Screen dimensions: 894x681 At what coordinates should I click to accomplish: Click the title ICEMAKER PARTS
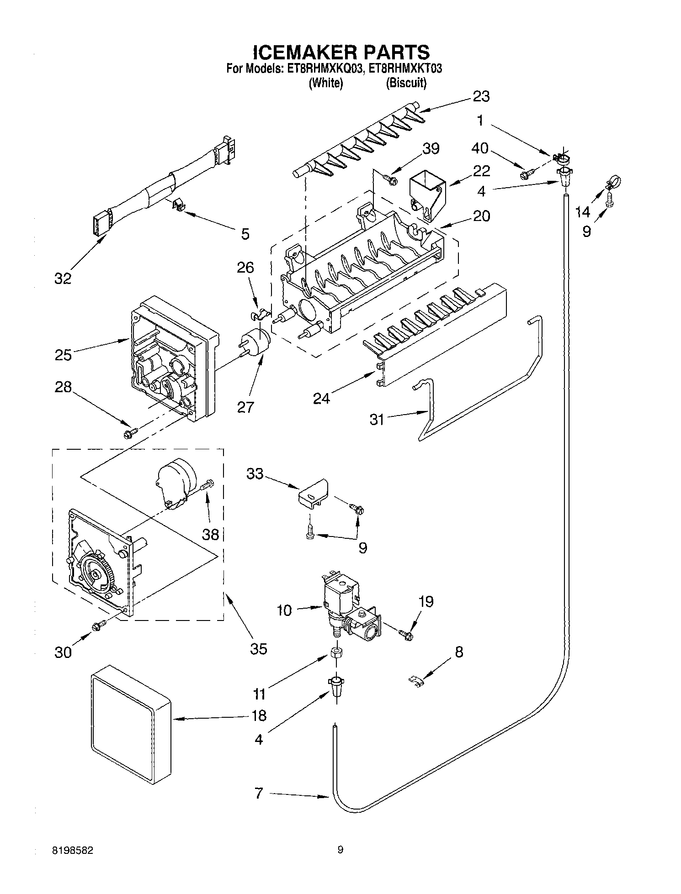[340, 51]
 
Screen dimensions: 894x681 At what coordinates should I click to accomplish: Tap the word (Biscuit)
[406, 83]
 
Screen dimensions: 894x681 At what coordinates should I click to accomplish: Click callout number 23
[481, 96]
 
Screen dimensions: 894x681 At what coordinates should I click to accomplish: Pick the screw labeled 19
[405, 634]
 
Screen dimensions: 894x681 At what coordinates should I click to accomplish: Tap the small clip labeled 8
[415, 681]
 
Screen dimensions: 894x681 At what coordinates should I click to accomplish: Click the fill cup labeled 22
[426, 193]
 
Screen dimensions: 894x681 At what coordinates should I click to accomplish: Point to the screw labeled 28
[130, 431]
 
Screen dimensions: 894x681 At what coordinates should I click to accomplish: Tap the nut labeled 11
[335, 652]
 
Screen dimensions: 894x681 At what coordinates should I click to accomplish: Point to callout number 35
[258, 648]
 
